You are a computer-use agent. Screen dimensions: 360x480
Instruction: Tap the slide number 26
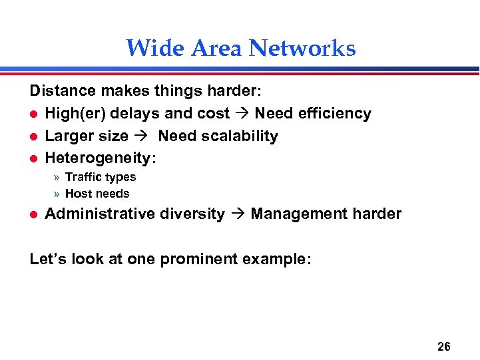coord(444,346)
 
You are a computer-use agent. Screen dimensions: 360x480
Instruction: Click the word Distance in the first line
coord(62,91)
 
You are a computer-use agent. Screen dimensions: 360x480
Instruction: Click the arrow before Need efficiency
coord(242,114)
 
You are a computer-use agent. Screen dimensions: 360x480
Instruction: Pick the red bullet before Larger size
coord(34,136)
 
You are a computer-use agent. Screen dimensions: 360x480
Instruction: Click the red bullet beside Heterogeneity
coord(34,159)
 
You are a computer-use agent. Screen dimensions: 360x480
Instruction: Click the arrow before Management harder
coord(238,214)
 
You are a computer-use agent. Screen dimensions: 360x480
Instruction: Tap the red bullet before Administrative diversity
coord(34,214)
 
